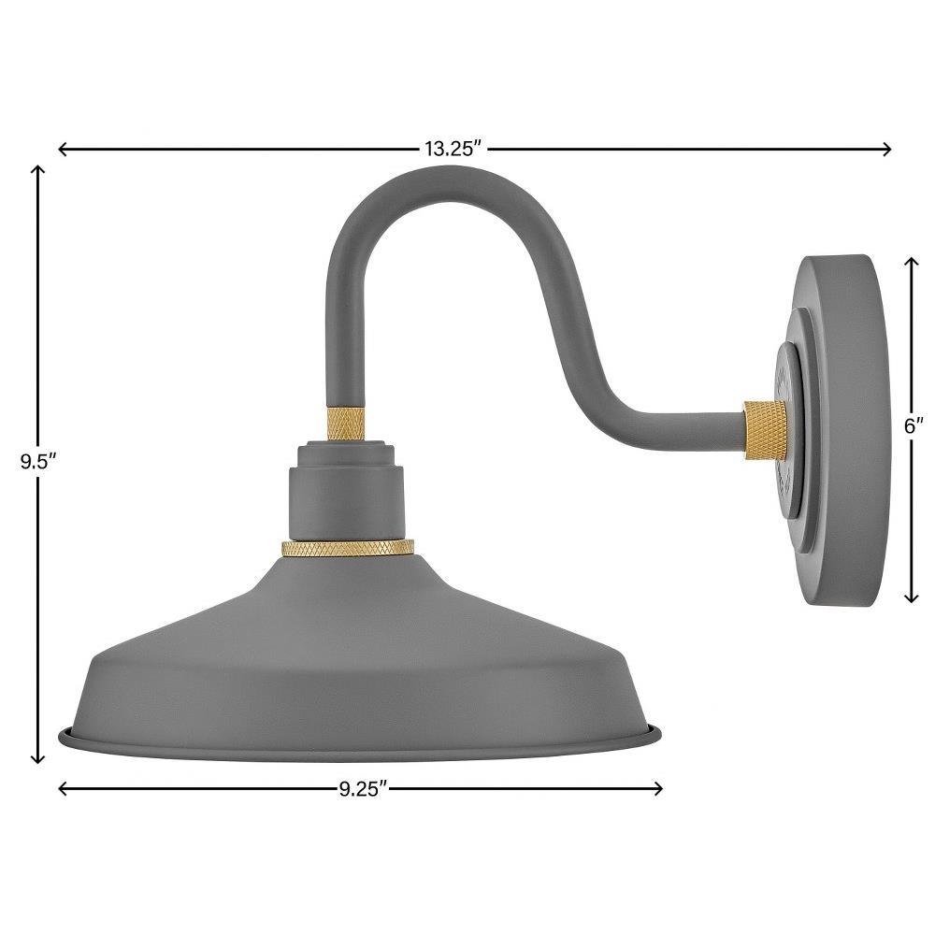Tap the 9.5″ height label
[38, 462]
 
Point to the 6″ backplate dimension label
[913, 425]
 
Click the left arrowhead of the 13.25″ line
[63, 149]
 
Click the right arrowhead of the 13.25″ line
[886, 149]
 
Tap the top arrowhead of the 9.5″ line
[38, 170]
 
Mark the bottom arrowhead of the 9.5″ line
[38, 758]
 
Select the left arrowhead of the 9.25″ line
[63, 789]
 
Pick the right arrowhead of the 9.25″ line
[657, 789]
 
